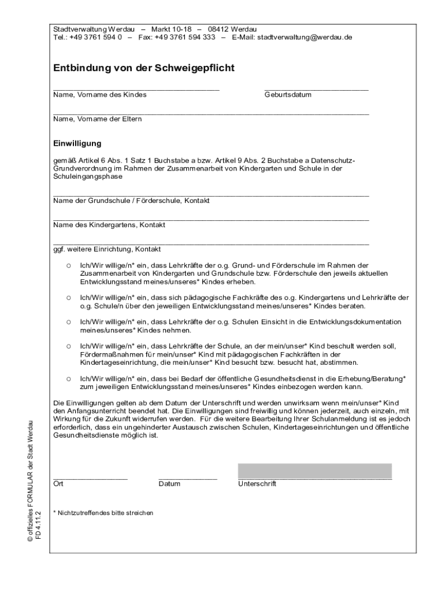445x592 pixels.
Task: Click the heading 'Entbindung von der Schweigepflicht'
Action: (144, 68)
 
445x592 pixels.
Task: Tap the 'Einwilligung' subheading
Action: (77, 143)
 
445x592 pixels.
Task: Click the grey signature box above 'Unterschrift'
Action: (315, 471)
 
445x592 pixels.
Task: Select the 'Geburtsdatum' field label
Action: (288, 95)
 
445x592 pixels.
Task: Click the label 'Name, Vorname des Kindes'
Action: (100, 95)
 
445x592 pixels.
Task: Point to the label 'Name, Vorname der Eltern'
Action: (98, 119)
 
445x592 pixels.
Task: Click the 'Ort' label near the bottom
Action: (58, 483)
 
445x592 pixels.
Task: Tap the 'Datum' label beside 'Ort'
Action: (169, 483)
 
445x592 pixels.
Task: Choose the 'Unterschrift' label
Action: (257, 483)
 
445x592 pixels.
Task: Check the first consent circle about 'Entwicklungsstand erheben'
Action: (68, 265)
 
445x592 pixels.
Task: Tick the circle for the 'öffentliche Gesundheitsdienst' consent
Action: (68, 379)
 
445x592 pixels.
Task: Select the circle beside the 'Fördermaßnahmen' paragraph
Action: (68, 346)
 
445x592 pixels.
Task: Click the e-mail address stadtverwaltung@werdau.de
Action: (305, 37)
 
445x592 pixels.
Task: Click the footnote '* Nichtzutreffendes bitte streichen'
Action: (103, 513)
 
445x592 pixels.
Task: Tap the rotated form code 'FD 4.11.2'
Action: (39, 525)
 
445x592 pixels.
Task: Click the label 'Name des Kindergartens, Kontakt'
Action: (109, 225)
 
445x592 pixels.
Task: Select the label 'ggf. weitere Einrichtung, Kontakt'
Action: (107, 249)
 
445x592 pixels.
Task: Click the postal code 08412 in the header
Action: (218, 29)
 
